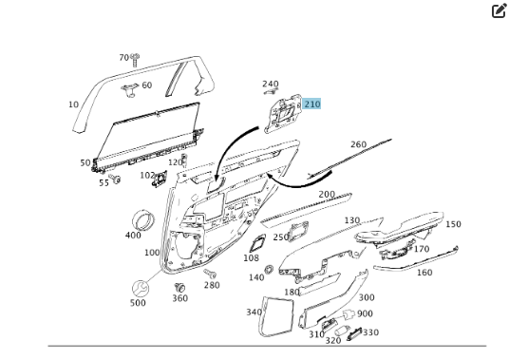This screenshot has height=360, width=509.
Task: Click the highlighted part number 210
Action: point(312,104)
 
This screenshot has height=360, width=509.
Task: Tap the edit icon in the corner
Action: point(500,10)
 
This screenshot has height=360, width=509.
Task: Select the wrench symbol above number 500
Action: point(141,288)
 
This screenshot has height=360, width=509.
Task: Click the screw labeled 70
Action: point(135,60)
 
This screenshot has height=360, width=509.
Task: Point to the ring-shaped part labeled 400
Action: point(143,220)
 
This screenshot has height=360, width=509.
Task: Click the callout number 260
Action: point(358,144)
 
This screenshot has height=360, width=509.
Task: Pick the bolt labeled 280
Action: point(210,274)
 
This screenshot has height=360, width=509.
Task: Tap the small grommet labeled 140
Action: point(269,269)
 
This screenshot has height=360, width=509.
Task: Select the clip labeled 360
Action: point(179,287)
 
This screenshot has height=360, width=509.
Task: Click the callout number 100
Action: point(152,253)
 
